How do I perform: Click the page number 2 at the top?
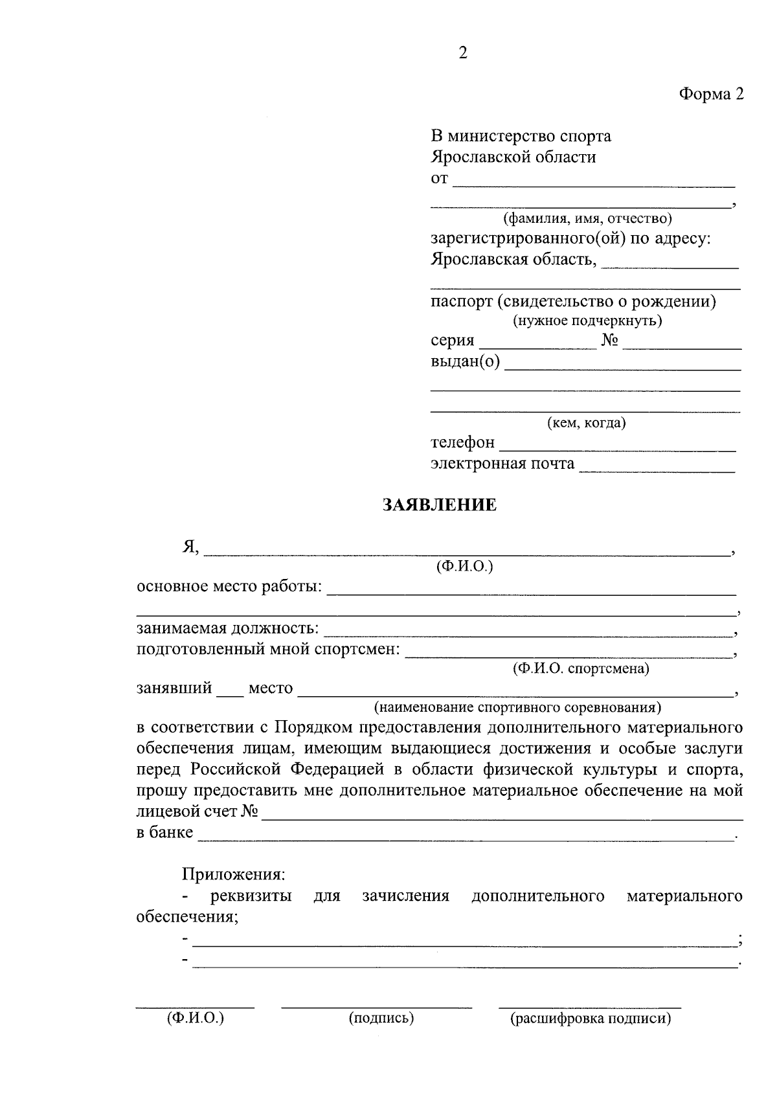[x=462, y=53]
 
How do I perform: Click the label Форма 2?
[x=711, y=95]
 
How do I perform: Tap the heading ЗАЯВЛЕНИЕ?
[x=440, y=505]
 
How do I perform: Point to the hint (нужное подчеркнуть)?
[x=587, y=320]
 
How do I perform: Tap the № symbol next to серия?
[x=609, y=341]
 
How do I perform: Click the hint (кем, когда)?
[x=586, y=423]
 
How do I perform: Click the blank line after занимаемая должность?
[x=528, y=632]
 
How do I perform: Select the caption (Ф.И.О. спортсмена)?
[x=580, y=668]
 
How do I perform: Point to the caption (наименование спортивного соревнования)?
[x=517, y=707]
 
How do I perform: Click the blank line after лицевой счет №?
[x=502, y=816]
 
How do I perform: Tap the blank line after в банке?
[x=466, y=837]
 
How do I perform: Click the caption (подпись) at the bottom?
[x=381, y=1019]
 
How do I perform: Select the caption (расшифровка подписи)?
[x=591, y=1019]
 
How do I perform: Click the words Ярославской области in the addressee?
[x=513, y=157]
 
